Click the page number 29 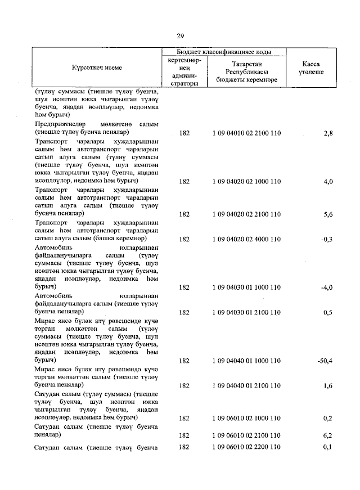point(180,36)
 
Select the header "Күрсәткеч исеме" point(97,68)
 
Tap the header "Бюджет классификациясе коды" point(223,52)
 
